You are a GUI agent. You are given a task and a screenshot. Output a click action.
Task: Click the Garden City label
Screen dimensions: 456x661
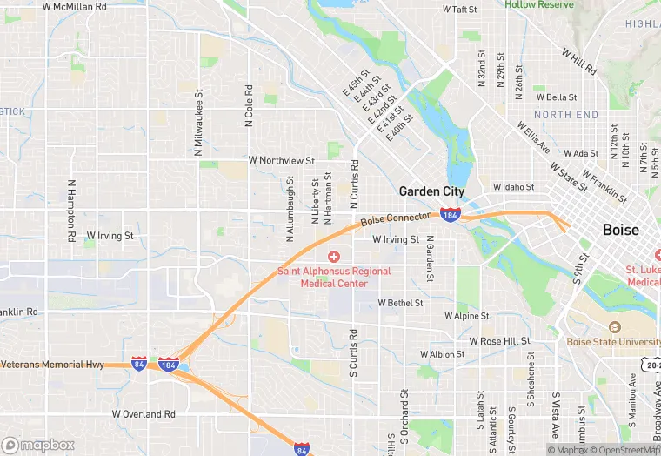431,191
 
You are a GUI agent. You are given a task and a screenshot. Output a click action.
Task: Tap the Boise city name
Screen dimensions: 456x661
620,231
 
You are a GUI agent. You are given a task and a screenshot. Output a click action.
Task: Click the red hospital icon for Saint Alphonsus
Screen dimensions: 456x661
333,256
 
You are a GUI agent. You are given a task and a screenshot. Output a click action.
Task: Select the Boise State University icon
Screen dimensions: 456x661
615,327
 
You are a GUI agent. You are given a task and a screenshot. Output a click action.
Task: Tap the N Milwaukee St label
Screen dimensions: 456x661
199,122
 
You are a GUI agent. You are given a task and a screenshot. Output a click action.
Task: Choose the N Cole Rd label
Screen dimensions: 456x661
250,105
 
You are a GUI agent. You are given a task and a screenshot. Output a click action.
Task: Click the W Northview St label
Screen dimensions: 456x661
281,160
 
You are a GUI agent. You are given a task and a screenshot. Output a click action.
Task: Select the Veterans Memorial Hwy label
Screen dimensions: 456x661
52,364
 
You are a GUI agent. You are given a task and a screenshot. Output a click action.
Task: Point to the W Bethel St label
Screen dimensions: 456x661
400,303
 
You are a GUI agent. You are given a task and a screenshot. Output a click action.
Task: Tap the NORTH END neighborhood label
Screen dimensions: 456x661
566,115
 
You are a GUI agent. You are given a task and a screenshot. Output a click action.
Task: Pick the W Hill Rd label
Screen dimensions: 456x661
579,62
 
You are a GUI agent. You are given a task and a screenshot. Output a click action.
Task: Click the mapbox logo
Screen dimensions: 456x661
38,445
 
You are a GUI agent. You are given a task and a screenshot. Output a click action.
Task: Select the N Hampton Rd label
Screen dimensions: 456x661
70,211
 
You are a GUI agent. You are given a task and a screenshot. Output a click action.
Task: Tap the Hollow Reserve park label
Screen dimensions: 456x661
539,5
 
